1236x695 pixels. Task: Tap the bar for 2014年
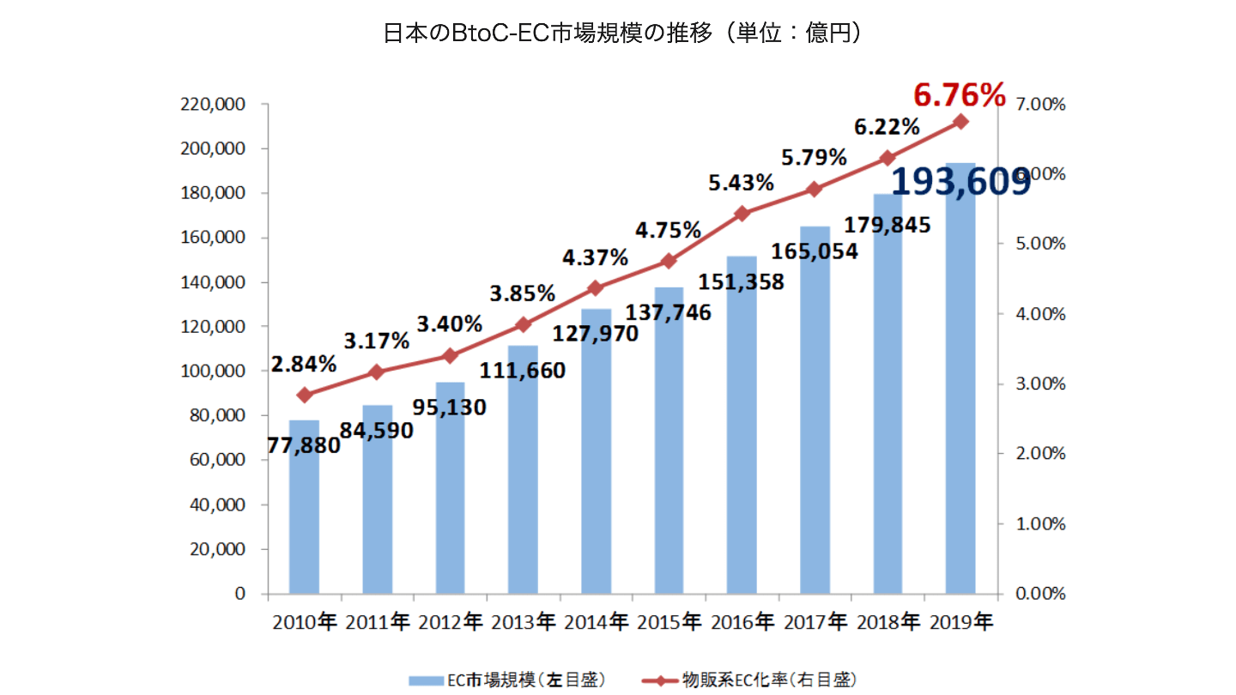coord(596,463)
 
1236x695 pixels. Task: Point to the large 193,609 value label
coord(961,182)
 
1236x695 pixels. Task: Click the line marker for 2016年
coord(742,213)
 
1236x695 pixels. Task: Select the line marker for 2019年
coord(960,122)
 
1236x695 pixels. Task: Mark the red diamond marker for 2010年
coord(304,395)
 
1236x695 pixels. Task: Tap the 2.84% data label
coord(303,364)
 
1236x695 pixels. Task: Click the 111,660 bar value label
coord(523,371)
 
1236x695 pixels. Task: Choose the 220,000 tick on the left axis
coord(214,105)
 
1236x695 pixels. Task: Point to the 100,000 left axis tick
coord(214,372)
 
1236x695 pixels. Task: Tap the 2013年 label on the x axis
coord(523,622)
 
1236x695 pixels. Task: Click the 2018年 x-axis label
coord(888,622)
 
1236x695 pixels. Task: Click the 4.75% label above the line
coord(669,231)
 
